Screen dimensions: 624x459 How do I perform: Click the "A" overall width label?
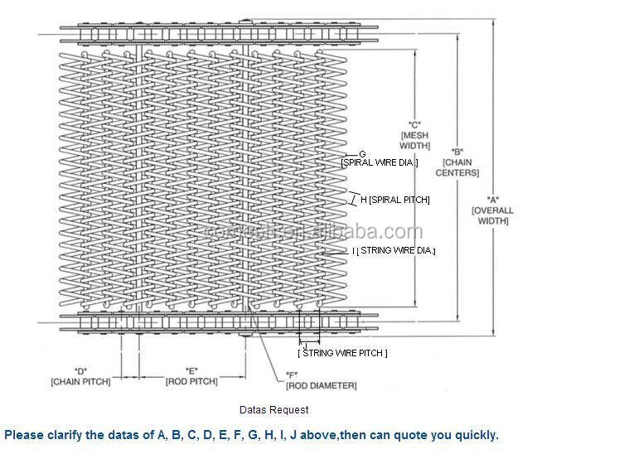pyautogui.click(x=492, y=199)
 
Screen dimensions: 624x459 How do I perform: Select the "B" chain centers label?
pyautogui.click(x=461, y=152)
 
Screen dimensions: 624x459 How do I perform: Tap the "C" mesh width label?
pyautogui.click(x=413, y=123)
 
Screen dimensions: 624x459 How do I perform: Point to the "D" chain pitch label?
pyautogui.click(x=80, y=370)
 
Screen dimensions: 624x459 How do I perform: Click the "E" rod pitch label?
pyautogui.click(x=191, y=370)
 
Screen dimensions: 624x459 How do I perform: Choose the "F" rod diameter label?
pyautogui.click(x=293, y=374)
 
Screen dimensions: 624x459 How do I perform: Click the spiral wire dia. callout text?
pyautogui.click(x=379, y=163)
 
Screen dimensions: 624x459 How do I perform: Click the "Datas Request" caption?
pyautogui.click(x=274, y=409)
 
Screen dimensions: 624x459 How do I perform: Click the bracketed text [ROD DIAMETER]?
pyautogui.click(x=321, y=386)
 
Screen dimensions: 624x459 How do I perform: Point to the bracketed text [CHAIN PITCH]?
pyautogui.click(x=80, y=381)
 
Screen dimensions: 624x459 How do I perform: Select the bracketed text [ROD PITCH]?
pyautogui.click(x=191, y=381)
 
